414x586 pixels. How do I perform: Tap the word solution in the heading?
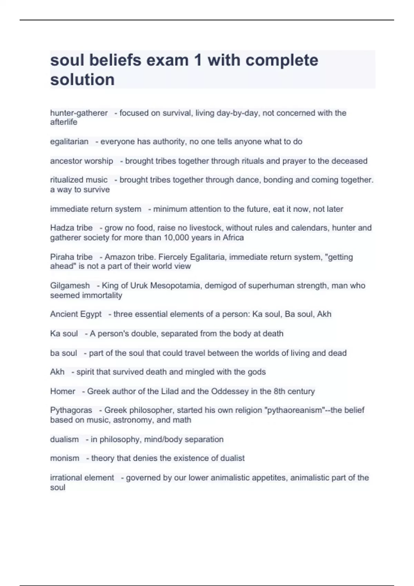coord(82,80)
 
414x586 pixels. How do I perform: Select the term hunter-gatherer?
coord(79,113)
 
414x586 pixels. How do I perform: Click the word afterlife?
coord(64,122)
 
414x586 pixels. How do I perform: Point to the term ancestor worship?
coord(82,161)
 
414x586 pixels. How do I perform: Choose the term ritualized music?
coord(79,180)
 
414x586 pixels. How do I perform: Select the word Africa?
coord(233,238)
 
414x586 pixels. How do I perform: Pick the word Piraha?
coord(62,257)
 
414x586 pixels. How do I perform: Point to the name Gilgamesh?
coord(70,286)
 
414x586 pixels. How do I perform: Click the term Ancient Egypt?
coord(76,314)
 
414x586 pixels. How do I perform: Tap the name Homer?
coord(62,392)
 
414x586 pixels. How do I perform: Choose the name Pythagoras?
coord(71,410)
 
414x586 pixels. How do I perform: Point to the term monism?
coord(65,458)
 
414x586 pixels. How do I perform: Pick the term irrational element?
coord(82,478)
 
